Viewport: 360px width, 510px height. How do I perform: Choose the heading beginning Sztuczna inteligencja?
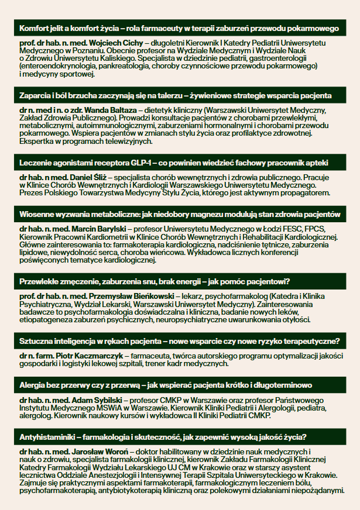point(180,341)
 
